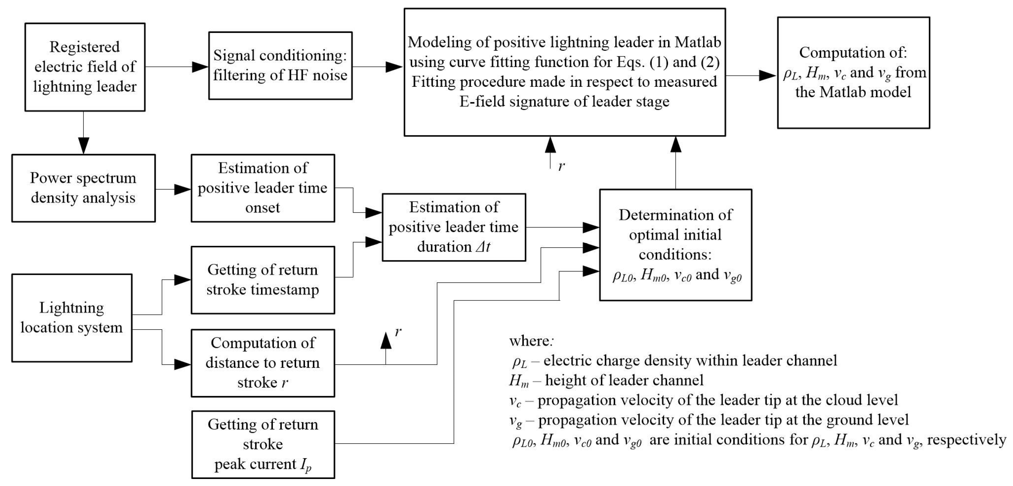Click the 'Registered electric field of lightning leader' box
tap(85, 67)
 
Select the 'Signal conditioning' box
tap(280, 65)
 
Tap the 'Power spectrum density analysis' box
tap(83, 188)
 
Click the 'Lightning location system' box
tap(72, 318)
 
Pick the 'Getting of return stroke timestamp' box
tap(263, 280)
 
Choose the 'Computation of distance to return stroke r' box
tap(263, 363)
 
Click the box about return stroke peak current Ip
tap(263, 444)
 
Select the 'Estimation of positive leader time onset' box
tap(263, 188)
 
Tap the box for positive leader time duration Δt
tap(454, 227)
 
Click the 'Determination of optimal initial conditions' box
tap(675, 245)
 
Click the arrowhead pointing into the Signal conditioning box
tap(200, 67)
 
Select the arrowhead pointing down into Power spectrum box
tap(83, 145)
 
